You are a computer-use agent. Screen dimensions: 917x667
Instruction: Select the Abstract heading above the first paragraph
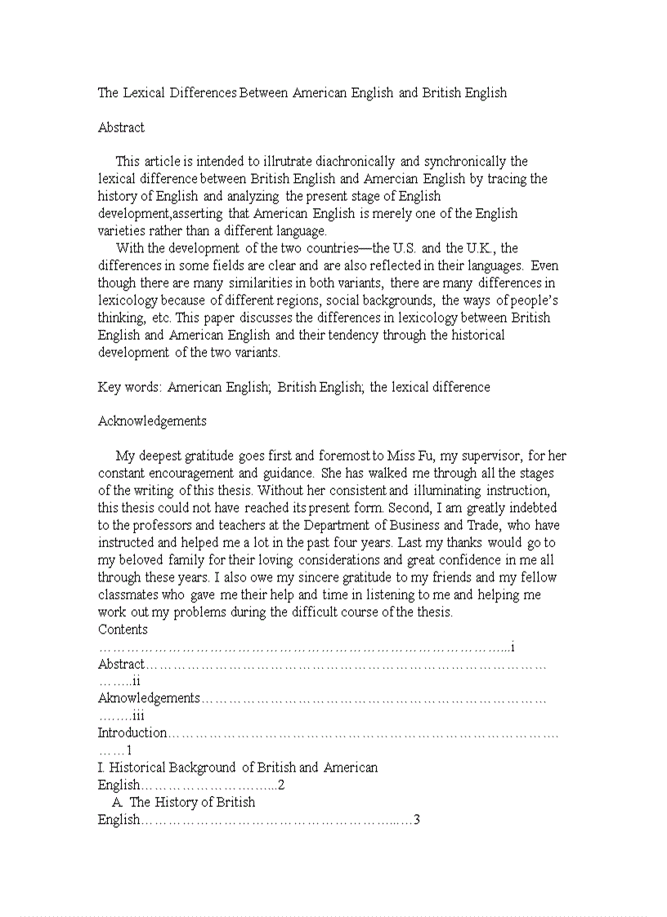tap(121, 127)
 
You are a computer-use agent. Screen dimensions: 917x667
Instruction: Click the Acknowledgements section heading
tap(152, 421)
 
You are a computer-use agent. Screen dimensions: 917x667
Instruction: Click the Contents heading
tap(123, 630)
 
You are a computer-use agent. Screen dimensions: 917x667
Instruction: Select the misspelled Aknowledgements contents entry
tap(149, 698)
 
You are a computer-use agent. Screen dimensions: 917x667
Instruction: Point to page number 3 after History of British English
tap(416, 819)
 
